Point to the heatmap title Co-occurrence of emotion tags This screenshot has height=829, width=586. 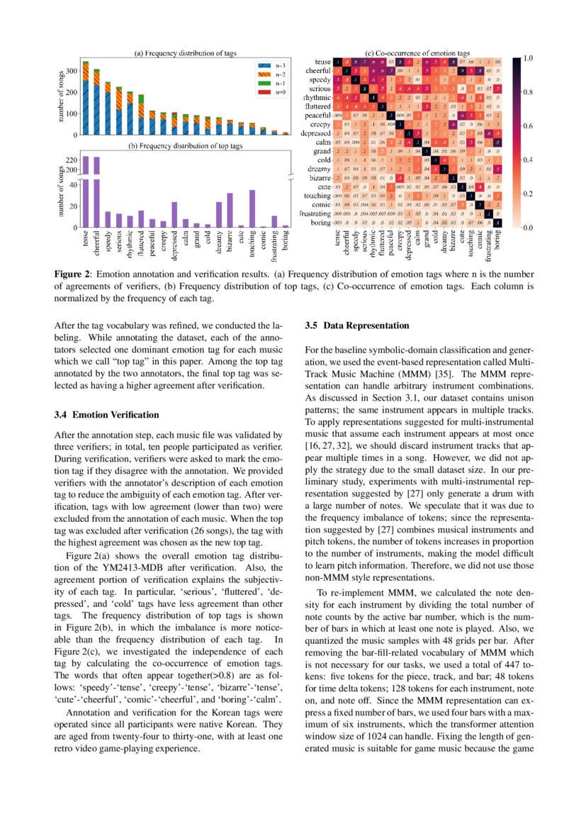pos(417,53)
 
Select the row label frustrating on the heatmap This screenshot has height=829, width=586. pos(311,213)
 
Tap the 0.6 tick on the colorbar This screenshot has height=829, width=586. pos(531,126)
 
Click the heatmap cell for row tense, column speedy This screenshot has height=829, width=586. pos(355,62)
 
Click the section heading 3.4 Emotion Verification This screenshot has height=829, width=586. pos(106,414)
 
